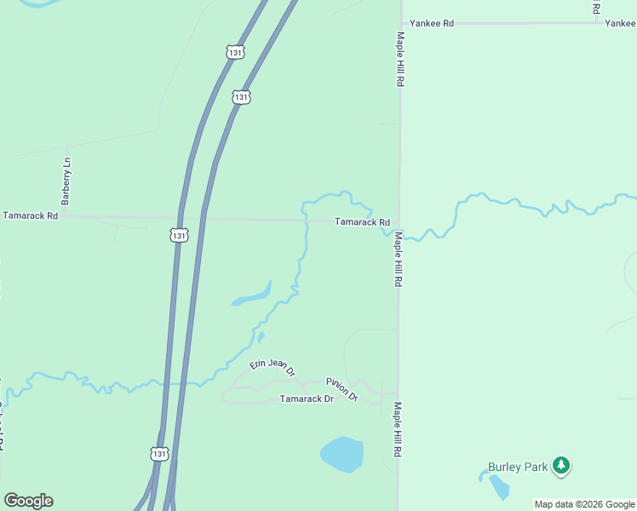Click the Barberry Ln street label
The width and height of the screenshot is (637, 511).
[66, 181]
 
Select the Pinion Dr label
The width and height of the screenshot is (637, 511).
[341, 389]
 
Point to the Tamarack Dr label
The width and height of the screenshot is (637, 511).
[307, 399]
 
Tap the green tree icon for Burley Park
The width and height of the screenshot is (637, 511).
[560, 465]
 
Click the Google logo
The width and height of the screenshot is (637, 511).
[28, 501]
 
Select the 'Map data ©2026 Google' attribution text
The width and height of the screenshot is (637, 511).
[584, 504]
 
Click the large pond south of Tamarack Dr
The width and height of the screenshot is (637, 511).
[342, 454]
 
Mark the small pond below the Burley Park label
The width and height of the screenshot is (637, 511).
[499, 487]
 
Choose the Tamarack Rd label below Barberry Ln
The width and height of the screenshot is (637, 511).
[30, 216]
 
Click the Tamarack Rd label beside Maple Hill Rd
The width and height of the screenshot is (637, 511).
[362, 222]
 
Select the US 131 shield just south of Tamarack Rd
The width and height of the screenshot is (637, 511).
[178, 234]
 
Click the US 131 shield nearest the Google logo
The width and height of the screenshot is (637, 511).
[159, 454]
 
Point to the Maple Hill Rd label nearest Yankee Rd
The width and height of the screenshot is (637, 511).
[399, 60]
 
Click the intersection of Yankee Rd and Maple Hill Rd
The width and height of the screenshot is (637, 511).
[400, 23]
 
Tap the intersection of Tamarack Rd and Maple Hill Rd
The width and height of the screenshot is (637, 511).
[399, 222]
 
